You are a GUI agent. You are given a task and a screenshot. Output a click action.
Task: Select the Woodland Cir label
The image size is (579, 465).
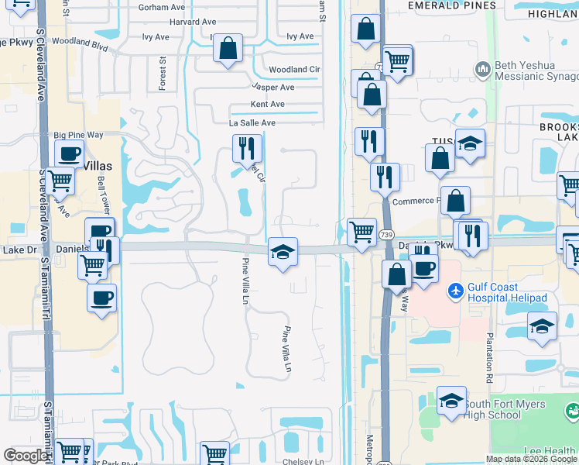tap(294, 70)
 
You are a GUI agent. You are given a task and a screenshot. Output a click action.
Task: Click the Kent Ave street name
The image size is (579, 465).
tap(268, 105)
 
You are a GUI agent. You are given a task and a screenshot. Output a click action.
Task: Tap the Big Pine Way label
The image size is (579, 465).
tap(79, 135)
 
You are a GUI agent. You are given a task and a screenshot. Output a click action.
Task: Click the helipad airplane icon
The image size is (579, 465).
tap(456, 292)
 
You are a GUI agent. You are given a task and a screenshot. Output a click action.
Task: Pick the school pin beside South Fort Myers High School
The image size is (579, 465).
tap(451, 401)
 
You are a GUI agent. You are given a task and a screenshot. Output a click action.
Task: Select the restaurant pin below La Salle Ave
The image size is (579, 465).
tap(247, 147)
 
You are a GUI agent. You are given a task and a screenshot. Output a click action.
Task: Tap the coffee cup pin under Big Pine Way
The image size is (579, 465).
tap(68, 154)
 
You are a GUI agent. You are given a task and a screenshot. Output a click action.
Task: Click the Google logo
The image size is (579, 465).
tap(26, 456)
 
